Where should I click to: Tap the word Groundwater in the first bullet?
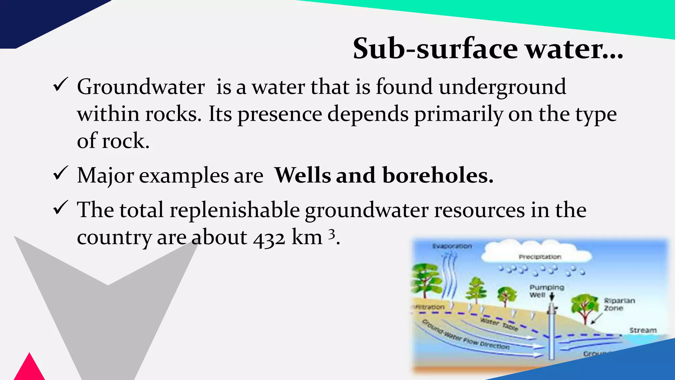141,87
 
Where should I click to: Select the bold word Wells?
303,175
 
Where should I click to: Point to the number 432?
269,238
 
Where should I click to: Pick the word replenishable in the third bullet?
234,210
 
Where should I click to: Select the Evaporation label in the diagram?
452,246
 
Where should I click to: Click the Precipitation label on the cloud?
540,257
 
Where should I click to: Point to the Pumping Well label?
546,291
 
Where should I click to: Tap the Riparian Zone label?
619,304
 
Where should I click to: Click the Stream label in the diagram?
643,330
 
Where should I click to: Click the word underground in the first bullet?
502,87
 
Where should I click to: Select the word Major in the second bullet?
105,175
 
